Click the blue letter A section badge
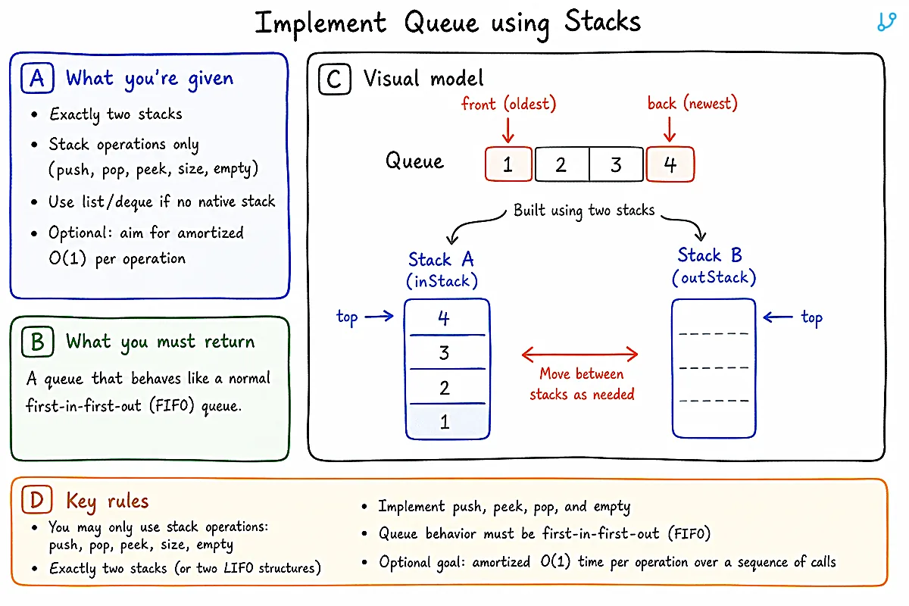(x=37, y=78)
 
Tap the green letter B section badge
(x=38, y=342)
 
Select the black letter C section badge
(x=335, y=79)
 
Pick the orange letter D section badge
(x=37, y=499)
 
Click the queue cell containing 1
(x=508, y=164)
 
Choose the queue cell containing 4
(x=670, y=164)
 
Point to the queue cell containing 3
(x=616, y=164)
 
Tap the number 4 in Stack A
(x=444, y=318)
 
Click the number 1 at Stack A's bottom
(x=445, y=422)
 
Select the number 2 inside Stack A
(x=445, y=388)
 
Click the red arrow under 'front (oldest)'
(x=508, y=130)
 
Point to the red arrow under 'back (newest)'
(x=670, y=129)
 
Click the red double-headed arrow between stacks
(x=580, y=355)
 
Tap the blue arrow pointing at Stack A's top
(x=379, y=316)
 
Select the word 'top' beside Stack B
(x=811, y=318)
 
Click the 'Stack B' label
(x=710, y=255)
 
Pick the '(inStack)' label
(x=442, y=281)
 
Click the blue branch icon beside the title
(x=886, y=21)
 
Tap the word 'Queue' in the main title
(x=442, y=22)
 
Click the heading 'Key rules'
(x=108, y=501)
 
